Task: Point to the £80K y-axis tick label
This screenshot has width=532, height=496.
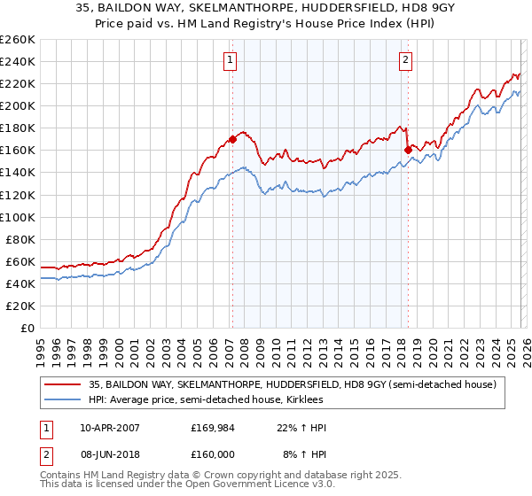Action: (19, 239)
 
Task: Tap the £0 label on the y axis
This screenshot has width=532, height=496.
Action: (27, 328)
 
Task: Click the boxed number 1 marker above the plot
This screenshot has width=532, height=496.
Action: (231, 60)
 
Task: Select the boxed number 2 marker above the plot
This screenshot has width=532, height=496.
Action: (405, 60)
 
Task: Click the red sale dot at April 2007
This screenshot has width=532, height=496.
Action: (232, 139)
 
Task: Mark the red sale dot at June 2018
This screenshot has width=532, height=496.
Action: (407, 150)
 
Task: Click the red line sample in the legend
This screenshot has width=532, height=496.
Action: (62, 384)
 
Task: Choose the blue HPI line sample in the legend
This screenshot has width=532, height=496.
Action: (62, 399)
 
